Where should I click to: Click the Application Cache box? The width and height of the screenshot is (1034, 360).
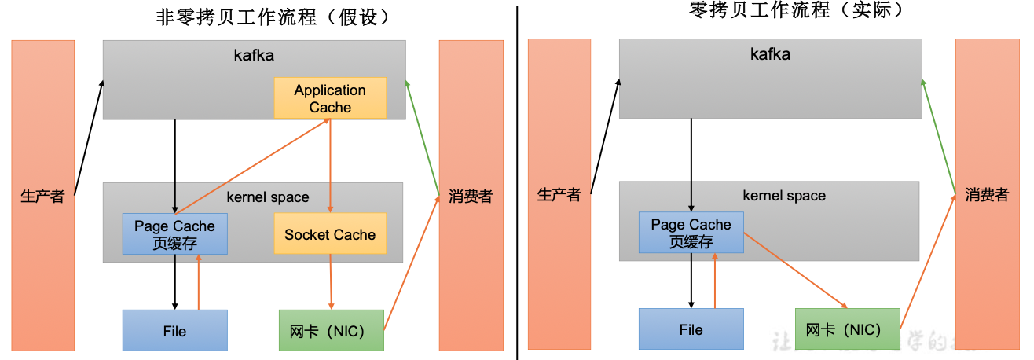(330, 98)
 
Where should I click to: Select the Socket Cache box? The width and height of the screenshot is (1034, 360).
(330, 234)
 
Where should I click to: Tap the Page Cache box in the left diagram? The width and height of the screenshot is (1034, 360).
(174, 234)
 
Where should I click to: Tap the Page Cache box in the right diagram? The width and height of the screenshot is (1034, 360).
(691, 233)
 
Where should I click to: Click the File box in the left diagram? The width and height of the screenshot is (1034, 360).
(174, 330)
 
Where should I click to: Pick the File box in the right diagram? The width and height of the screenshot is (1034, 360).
(691, 329)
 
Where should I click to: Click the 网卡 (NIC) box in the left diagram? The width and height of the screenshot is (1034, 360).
(332, 330)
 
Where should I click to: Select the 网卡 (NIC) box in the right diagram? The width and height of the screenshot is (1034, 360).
(848, 329)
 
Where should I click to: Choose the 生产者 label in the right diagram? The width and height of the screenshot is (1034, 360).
(559, 194)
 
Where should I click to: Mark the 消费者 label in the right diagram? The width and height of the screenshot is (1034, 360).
(986, 194)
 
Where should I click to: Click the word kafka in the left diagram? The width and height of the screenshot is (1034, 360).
(254, 55)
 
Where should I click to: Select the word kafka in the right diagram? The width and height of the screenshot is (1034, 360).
(770, 53)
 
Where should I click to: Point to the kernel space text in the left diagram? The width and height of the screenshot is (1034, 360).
(268, 197)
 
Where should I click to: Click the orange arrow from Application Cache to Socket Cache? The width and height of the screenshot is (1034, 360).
(330, 165)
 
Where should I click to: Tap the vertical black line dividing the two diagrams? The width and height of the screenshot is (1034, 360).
(517, 181)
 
